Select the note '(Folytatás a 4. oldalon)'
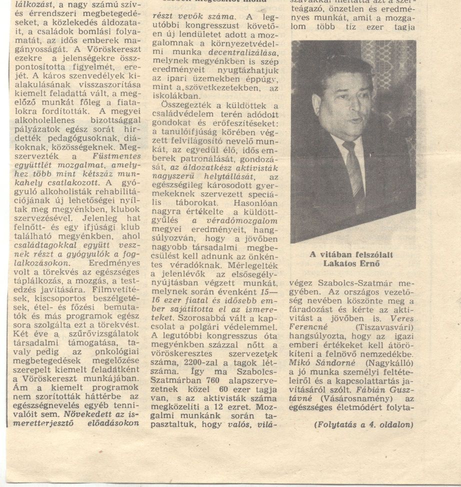click(x=364, y=425)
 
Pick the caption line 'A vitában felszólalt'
click(x=351, y=254)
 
